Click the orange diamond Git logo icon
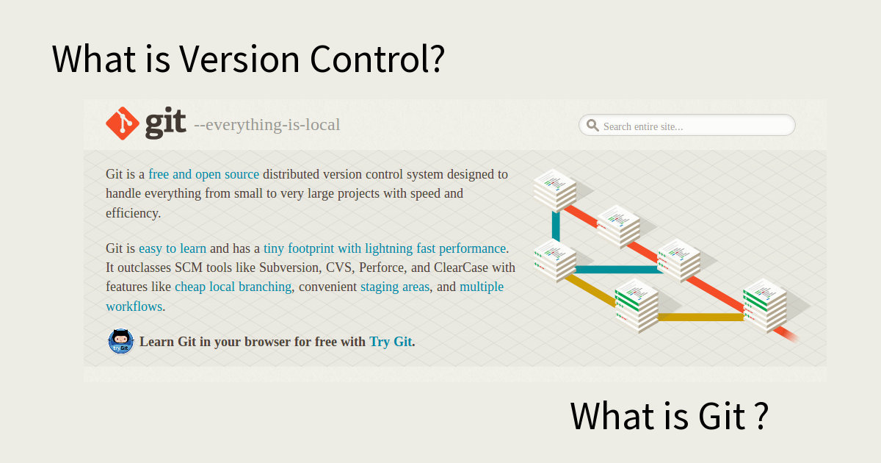123,123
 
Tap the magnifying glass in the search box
592,125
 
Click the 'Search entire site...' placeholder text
643,126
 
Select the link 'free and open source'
204,174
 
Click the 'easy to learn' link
173,248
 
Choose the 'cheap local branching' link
233,287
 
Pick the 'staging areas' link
395,287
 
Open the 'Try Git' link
391,341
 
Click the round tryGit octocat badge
120,341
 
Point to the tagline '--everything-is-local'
267,125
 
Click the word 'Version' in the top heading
239,59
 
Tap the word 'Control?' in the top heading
377,59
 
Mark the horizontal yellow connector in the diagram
700,317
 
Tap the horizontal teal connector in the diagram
617,269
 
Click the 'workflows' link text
134,306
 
